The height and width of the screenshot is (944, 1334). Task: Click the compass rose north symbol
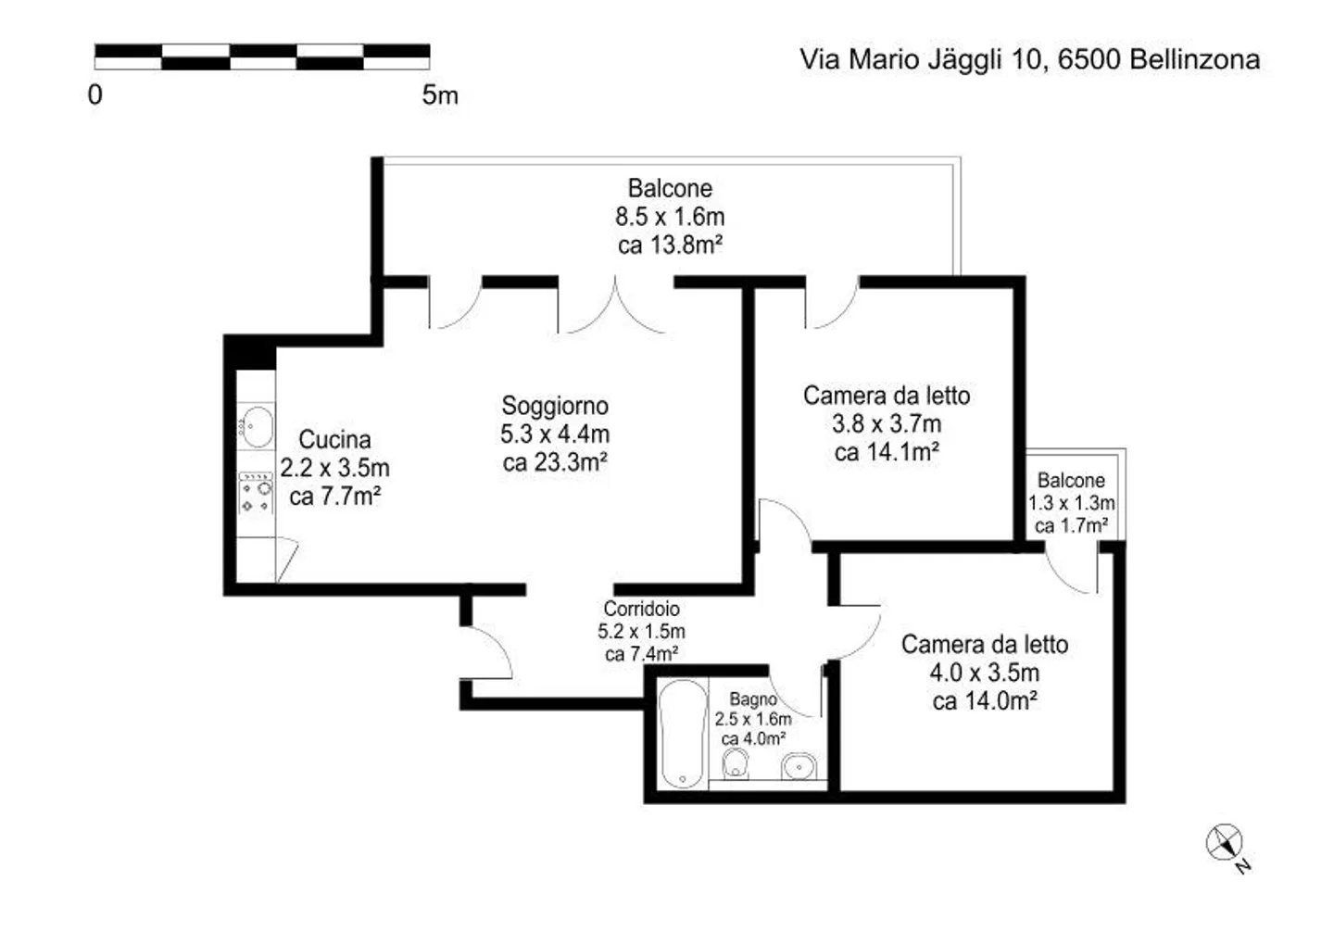(x=1226, y=845)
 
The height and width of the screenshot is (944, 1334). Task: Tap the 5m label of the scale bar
(x=440, y=94)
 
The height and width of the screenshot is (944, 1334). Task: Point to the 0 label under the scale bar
(x=95, y=94)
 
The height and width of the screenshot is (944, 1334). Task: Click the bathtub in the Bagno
(x=683, y=733)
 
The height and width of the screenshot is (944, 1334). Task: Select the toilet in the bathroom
(x=736, y=764)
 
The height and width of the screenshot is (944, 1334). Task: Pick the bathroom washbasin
(x=799, y=766)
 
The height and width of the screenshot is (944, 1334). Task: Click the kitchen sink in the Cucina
(x=257, y=426)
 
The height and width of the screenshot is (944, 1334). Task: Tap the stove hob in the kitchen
(x=256, y=493)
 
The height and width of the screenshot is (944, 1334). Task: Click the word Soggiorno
(x=555, y=406)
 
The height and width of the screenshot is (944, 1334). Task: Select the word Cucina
(x=334, y=439)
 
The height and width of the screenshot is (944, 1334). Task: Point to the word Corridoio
(x=641, y=609)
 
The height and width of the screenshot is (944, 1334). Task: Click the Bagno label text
(x=753, y=699)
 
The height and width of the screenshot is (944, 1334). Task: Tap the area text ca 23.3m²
(x=555, y=462)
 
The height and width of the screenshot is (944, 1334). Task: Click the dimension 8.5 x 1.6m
(x=670, y=217)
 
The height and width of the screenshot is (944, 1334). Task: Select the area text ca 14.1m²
(x=887, y=452)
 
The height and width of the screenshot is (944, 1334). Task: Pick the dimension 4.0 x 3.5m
(x=985, y=673)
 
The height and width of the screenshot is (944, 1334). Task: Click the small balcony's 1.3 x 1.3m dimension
(x=1071, y=503)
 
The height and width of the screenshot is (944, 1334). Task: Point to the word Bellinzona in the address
(x=1195, y=59)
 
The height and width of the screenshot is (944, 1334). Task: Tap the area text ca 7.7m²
(x=334, y=497)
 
